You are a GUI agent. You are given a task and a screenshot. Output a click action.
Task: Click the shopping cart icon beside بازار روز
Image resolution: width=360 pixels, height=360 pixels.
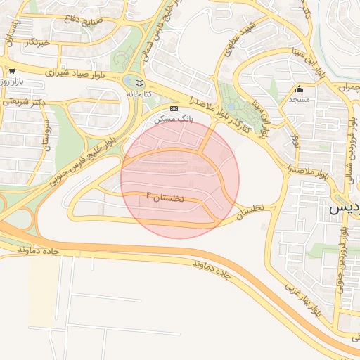pyautogui.click(x=12, y=70)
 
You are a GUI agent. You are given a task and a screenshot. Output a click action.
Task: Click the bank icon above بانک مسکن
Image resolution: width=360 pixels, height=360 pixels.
pyautogui.click(x=174, y=108)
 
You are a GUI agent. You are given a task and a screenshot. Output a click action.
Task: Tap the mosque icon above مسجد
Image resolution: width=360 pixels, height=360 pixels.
pyautogui.click(x=300, y=89)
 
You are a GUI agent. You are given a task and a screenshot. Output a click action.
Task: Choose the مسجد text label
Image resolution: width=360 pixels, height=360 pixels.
pyautogui.click(x=300, y=99)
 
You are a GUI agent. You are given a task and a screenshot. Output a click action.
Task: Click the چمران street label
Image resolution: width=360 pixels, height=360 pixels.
pyautogui.click(x=346, y=88)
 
